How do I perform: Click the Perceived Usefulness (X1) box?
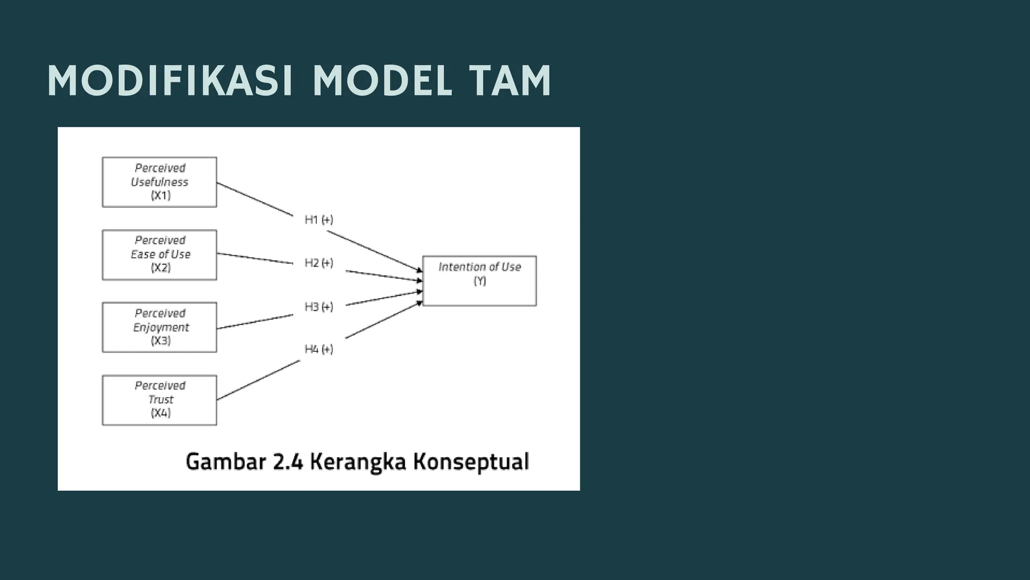point(159,182)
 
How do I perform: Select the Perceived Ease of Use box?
point(159,255)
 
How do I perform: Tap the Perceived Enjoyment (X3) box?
point(159,327)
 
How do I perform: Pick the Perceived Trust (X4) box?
point(159,400)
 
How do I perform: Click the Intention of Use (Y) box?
point(479,281)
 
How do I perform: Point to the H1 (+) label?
point(319,220)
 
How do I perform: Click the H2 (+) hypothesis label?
point(319,263)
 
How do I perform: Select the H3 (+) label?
point(319,307)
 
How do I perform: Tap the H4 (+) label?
point(319,349)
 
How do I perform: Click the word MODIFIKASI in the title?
point(170,81)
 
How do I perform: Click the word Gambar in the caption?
point(226,462)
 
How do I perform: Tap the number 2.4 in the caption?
point(288,462)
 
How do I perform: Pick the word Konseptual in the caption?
point(471,462)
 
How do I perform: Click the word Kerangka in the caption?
point(358,462)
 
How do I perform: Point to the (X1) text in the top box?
point(161,195)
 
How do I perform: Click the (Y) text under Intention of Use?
point(480,281)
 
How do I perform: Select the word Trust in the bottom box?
point(161,399)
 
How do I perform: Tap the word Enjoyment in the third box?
point(161,327)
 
